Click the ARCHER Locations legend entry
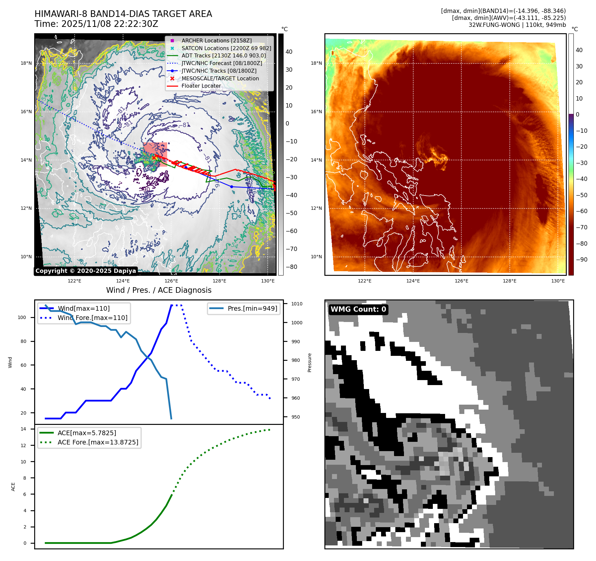coord(216,40)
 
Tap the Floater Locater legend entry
coord(201,86)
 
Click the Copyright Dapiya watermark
coord(86,271)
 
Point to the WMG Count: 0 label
coord(358,309)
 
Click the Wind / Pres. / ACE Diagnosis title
coord(159,290)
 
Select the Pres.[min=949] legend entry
coord(252,308)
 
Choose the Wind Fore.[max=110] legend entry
coord(92,318)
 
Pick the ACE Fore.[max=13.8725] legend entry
coord(98,442)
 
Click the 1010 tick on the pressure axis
coord(297,304)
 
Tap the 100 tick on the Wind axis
coord(22,317)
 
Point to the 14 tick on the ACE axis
coord(23,429)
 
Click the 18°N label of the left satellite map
coord(26,63)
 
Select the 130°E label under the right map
coord(558,281)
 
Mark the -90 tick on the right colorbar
coord(581,260)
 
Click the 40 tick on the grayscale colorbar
coord(289,52)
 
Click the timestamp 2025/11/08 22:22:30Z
coord(110,24)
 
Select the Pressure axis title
coord(309,362)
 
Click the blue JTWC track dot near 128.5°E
coord(232,187)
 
